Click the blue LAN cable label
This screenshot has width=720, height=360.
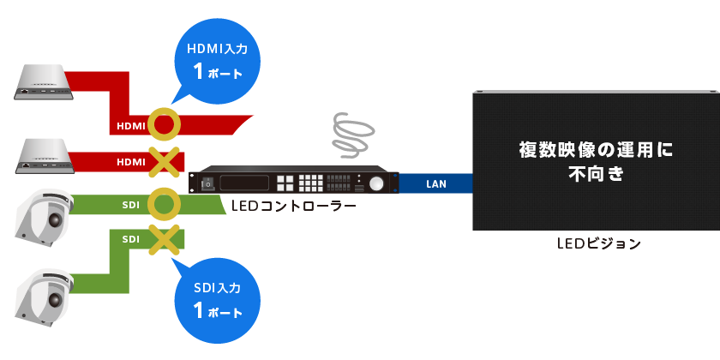click(435, 183)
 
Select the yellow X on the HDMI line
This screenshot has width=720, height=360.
click(164, 160)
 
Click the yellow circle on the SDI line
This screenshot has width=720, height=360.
click(164, 205)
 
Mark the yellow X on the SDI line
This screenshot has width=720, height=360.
click(164, 238)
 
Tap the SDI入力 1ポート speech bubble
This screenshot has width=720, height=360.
click(217, 297)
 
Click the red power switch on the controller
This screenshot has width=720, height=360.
click(207, 183)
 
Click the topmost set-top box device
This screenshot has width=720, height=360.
click(46, 81)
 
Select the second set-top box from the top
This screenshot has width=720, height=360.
click(46, 153)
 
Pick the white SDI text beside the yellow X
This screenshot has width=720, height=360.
click(131, 238)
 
